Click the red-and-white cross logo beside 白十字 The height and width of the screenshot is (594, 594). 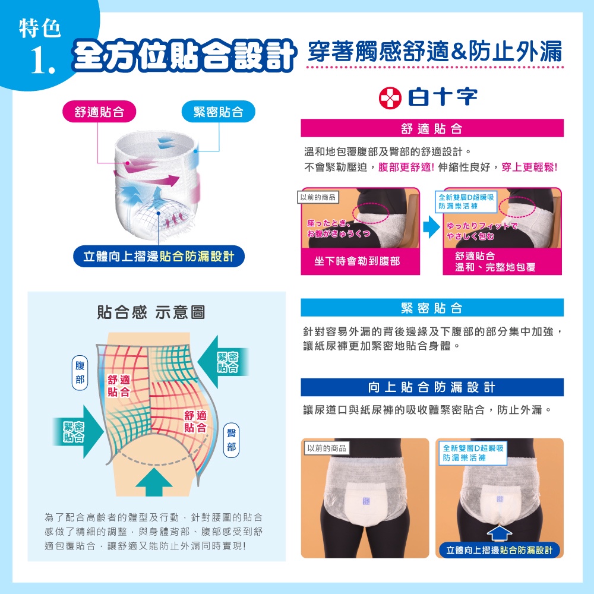390,98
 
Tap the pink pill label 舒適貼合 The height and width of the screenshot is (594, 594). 99,112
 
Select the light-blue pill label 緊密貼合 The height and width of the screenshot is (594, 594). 218,112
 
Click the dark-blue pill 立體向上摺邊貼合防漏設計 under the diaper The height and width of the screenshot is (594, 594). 159,257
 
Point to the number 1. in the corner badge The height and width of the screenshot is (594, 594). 42,61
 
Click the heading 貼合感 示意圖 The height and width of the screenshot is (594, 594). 151,312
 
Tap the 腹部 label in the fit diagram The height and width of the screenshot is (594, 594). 80,373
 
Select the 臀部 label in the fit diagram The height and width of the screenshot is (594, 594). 232,440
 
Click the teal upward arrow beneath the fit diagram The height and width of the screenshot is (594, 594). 154,482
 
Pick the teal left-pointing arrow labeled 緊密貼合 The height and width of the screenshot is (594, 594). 223,362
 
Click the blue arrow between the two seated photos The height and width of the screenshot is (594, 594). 431,227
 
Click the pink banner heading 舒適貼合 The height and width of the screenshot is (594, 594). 432,128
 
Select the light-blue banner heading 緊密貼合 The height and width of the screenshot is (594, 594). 432,308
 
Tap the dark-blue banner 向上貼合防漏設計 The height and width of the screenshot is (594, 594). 432,387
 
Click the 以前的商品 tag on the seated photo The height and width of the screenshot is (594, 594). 318,197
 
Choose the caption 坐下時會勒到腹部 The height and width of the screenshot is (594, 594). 357,261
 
